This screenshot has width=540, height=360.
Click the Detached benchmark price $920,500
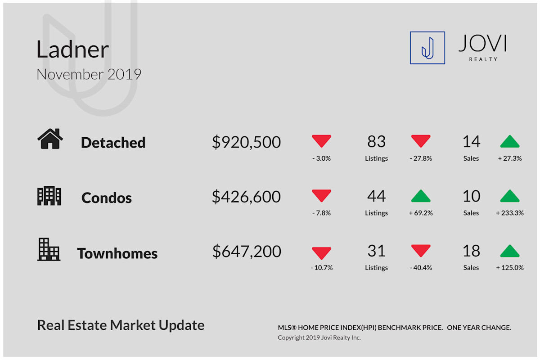point(247,142)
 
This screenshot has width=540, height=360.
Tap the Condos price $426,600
point(247,197)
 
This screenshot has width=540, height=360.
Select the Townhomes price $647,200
point(247,251)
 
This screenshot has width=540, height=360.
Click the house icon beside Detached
point(50,139)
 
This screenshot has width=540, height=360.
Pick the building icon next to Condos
point(49,196)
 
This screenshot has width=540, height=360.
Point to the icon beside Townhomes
point(49,249)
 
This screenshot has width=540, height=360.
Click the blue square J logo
point(427,48)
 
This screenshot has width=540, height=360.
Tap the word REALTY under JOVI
point(483,59)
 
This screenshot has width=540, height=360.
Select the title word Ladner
point(72,49)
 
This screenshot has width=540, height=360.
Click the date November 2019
point(89,74)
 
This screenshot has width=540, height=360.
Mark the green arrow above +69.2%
point(421,196)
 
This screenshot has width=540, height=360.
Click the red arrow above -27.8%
point(421,141)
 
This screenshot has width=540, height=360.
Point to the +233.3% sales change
point(509,213)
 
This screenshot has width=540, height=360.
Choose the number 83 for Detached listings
point(376,141)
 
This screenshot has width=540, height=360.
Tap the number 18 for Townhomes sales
point(471,251)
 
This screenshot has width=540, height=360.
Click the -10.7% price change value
point(321,268)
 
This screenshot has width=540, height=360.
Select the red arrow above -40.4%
point(421,251)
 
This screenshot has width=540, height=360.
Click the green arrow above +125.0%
point(509,251)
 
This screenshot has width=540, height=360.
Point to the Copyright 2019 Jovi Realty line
point(319,337)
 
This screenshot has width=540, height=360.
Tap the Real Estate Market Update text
point(121,325)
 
